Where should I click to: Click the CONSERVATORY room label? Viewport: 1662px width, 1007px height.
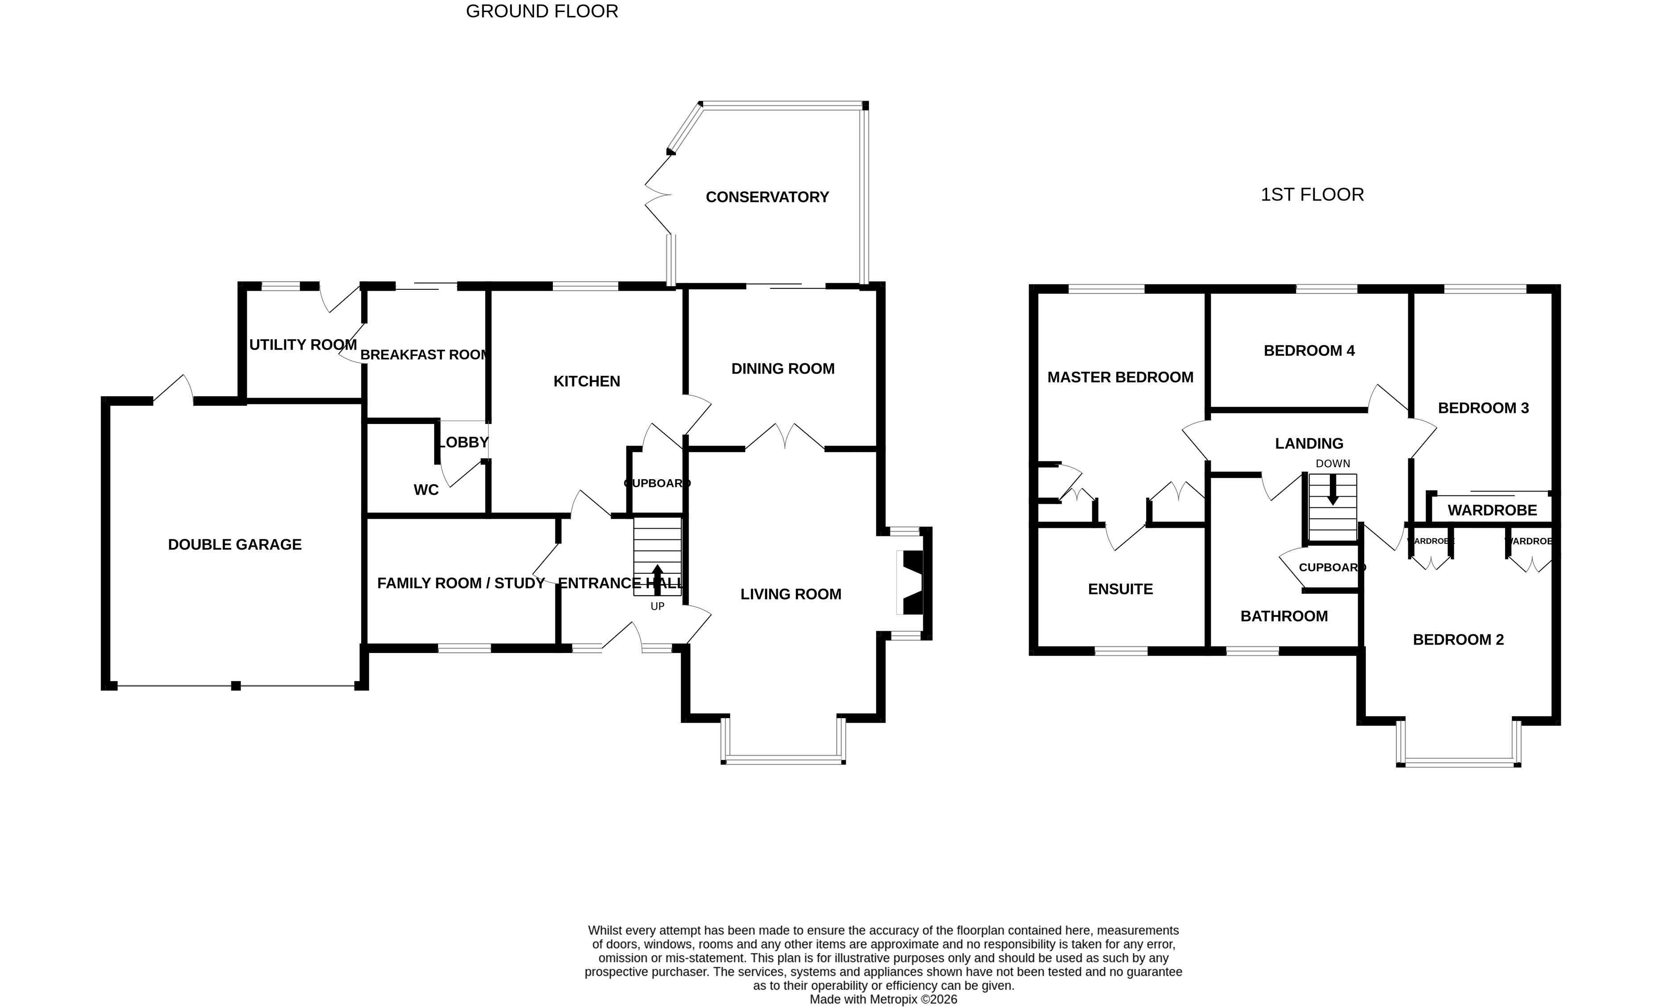point(767,197)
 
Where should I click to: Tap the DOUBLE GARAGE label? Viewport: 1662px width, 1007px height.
point(235,544)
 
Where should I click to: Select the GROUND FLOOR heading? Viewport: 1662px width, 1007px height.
point(542,12)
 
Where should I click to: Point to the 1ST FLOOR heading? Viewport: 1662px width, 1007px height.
point(1312,195)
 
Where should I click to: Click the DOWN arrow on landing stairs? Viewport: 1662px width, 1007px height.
point(1333,490)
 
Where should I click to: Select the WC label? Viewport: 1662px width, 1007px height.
point(426,489)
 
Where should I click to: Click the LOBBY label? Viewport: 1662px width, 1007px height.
point(463,443)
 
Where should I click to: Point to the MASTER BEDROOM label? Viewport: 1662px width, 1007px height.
point(1120,377)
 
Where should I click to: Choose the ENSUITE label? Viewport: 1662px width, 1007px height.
point(1120,589)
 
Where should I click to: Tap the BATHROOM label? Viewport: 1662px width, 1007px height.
point(1284,616)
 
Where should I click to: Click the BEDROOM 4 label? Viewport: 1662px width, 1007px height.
point(1308,351)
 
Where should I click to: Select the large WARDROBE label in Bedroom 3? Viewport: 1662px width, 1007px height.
point(1492,510)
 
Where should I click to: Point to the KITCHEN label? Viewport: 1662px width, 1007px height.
point(586,382)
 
